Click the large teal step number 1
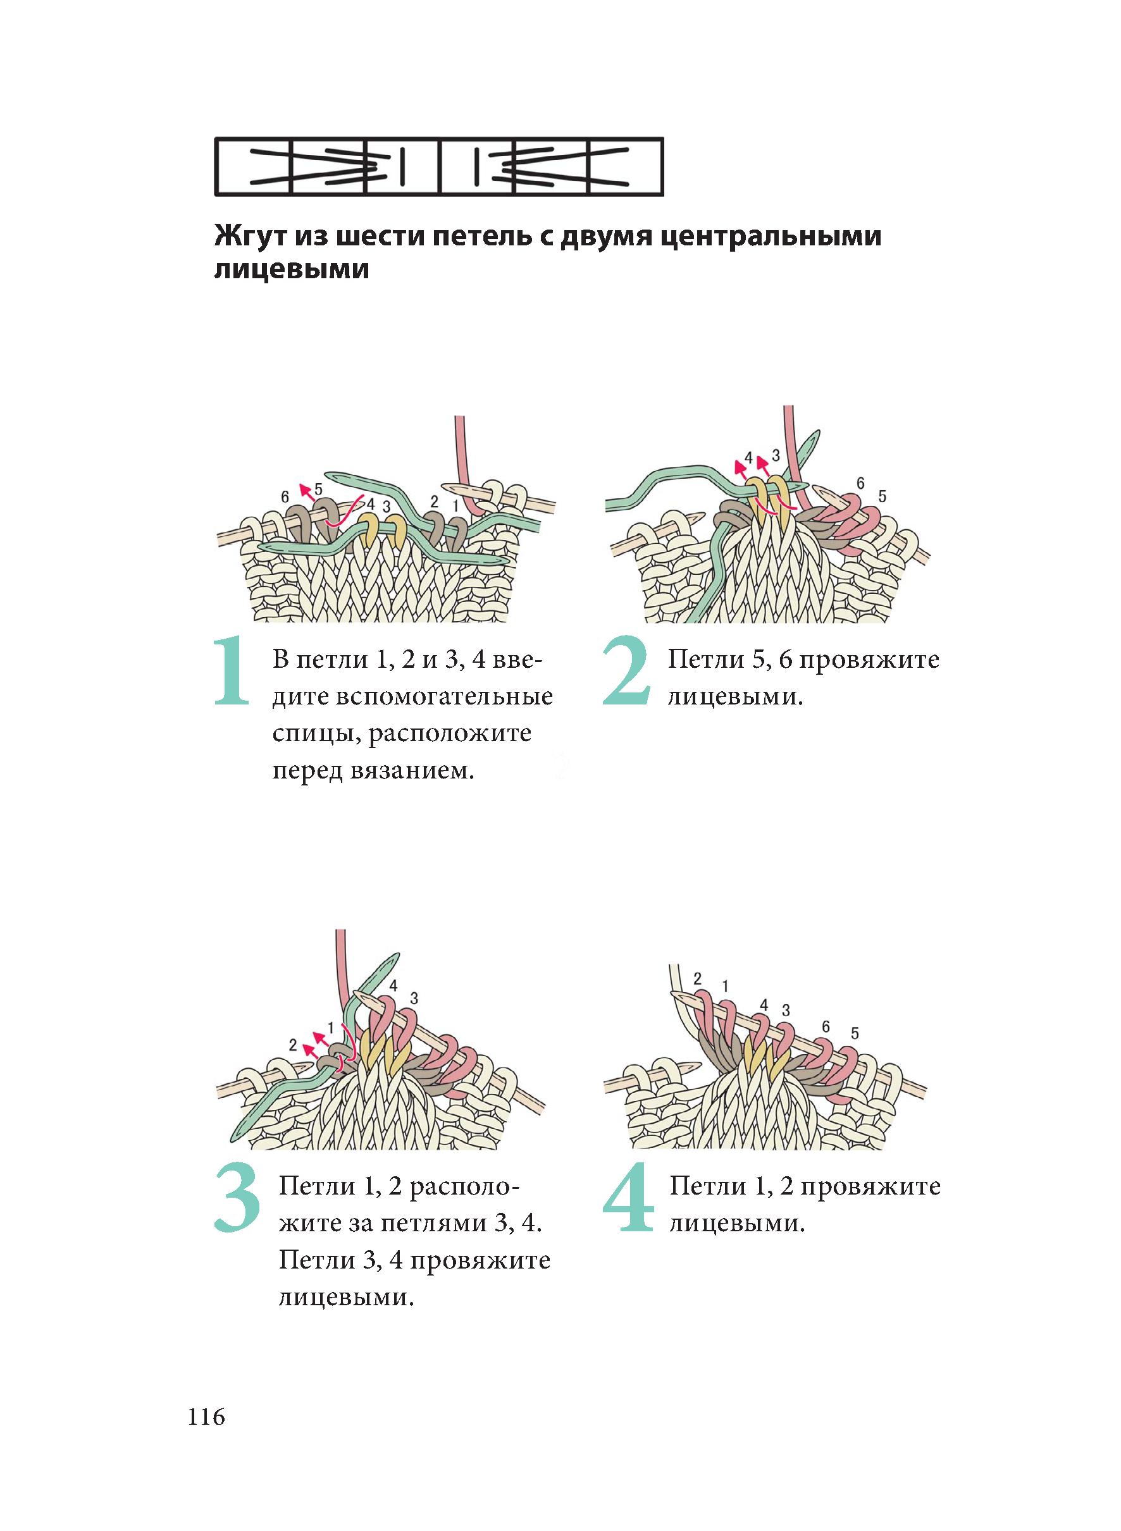pyautogui.click(x=232, y=672)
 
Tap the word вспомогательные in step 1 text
pyautogui.click(x=412, y=697)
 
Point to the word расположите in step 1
pyautogui.click(x=449, y=734)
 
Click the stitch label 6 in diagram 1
pyautogui.click(x=285, y=496)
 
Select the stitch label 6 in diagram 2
pyautogui.click(x=860, y=484)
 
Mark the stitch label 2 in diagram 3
pyautogui.click(x=292, y=1045)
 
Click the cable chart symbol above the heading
pyautogui.click(x=438, y=167)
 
